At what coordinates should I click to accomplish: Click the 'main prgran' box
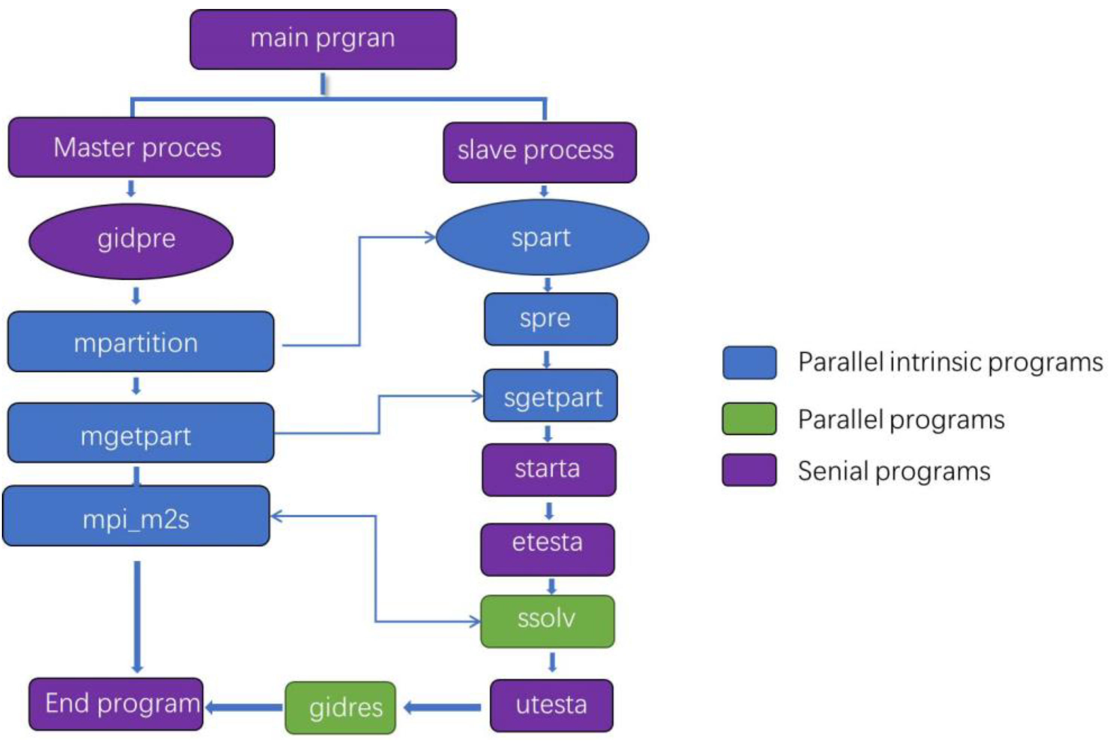(x=323, y=40)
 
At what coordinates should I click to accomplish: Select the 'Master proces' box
(x=142, y=147)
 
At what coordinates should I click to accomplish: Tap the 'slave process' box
(x=540, y=152)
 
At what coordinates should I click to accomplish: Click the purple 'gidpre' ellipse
(x=131, y=241)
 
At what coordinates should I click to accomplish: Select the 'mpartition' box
(x=140, y=341)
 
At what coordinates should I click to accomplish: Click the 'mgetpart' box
(x=140, y=432)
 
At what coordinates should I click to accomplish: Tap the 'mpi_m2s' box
(x=136, y=516)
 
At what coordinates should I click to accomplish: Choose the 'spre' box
(x=550, y=319)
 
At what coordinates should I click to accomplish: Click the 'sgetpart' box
(x=550, y=395)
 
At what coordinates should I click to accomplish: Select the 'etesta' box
(x=547, y=549)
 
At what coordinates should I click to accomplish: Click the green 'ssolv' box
(x=547, y=621)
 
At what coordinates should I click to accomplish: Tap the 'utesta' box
(x=552, y=705)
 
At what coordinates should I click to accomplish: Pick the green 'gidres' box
(x=340, y=707)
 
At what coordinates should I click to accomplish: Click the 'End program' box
(x=116, y=704)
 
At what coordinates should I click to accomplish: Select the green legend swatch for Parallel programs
(x=749, y=419)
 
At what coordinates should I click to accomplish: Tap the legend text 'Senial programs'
(x=893, y=471)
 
